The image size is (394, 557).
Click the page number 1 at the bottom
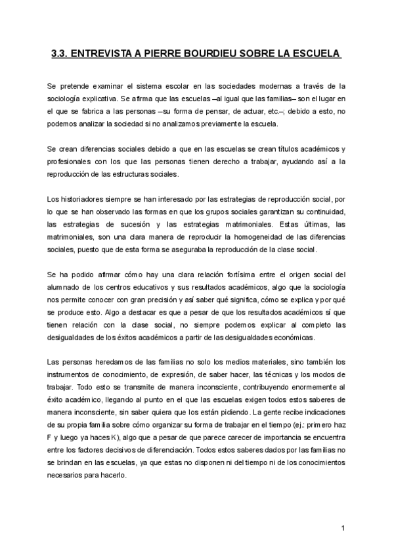tap(343, 527)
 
